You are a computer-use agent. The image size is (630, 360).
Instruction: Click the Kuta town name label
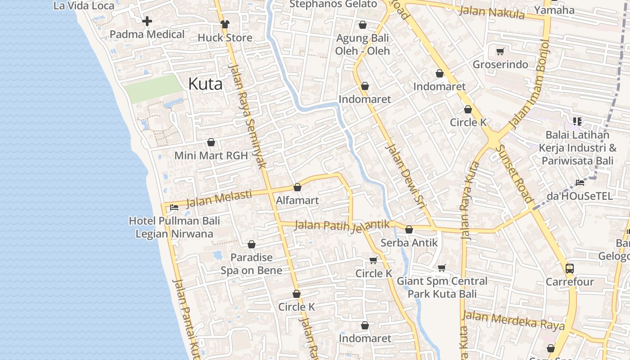[205, 84]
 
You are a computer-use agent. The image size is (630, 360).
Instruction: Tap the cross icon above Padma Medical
[147, 21]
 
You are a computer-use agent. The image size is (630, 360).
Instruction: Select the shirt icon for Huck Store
[225, 24]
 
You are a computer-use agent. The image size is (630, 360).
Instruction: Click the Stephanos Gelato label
[333, 4]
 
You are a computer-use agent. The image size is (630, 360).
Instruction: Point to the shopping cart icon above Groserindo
[500, 51]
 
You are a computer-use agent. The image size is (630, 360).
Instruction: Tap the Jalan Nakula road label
[491, 12]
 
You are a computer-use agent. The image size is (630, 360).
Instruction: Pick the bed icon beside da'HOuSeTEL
[580, 183]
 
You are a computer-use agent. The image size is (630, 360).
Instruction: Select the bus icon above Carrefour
[569, 269]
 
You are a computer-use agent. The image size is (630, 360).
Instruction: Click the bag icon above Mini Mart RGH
[211, 143]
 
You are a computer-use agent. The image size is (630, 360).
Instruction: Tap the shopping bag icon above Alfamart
[297, 187]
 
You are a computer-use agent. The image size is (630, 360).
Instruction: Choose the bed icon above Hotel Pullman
[174, 207]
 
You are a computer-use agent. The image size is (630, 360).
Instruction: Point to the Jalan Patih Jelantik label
[342, 225]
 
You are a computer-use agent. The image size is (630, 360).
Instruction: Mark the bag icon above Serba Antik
[409, 229]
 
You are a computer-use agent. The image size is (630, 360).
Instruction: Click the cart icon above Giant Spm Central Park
[442, 268]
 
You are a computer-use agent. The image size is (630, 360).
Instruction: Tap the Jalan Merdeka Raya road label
[513, 320]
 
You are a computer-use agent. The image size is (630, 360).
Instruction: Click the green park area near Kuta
[153, 88]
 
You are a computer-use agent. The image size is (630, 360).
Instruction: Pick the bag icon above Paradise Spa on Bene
[252, 244]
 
